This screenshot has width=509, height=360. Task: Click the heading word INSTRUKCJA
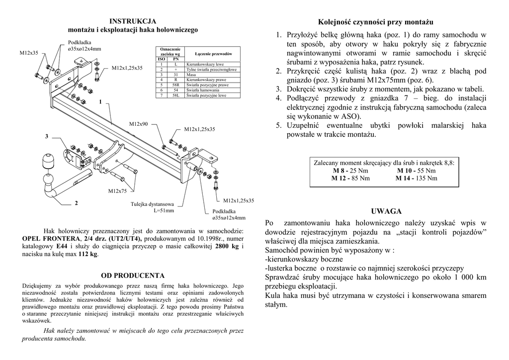133,21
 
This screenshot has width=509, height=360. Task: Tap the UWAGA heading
386,211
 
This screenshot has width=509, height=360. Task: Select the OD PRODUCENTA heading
133,275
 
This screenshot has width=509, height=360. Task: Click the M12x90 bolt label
139,123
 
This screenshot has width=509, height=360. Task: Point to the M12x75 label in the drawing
118,191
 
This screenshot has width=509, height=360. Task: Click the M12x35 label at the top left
29,52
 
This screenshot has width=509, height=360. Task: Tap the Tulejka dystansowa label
153,204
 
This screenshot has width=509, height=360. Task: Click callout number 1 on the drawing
100,102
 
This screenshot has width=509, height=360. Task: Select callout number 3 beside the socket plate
47,136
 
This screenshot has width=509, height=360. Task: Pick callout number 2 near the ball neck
76,203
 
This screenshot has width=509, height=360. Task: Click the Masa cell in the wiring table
191,75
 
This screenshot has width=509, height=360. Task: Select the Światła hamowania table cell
203,90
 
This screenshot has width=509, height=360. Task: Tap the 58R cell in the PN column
176,85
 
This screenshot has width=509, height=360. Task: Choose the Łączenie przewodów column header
214,54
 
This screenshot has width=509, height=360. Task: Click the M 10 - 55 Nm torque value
417,171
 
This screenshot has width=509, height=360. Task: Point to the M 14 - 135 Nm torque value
417,178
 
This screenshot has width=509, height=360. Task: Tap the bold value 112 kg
88,254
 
